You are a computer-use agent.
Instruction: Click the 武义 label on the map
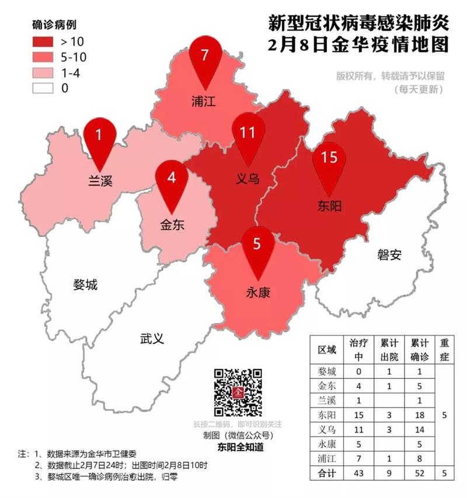(152, 338)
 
